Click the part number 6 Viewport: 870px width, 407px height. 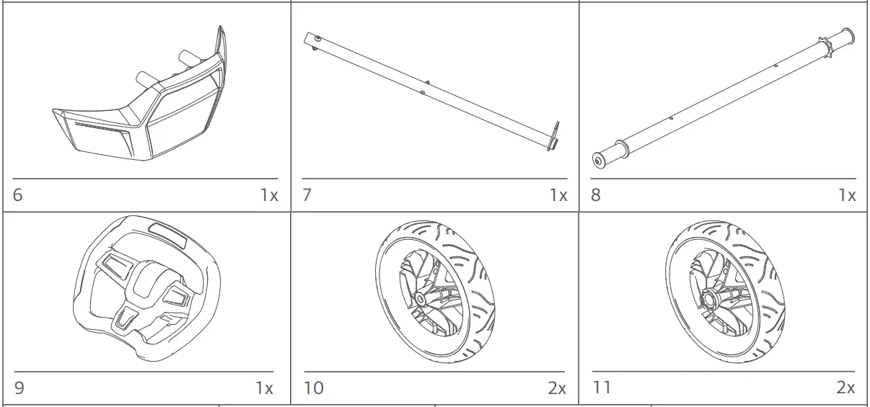click(17, 195)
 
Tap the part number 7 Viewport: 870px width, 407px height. click(307, 195)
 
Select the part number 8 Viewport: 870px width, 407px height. click(596, 195)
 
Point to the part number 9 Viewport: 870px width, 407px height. click(19, 388)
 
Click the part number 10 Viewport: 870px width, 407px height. click(314, 388)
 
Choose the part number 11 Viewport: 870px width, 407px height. click(602, 388)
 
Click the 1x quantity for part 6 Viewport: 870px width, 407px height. click(268, 195)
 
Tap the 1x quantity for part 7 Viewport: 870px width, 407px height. click(558, 195)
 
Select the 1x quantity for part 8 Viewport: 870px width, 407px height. click(846, 195)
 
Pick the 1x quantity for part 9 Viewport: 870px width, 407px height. click(264, 388)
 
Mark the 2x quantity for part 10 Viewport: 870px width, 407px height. click(556, 388)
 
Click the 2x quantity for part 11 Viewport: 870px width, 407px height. click(845, 388)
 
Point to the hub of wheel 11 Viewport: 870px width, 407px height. click(709, 296)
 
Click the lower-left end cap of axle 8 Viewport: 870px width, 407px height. click(600, 159)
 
